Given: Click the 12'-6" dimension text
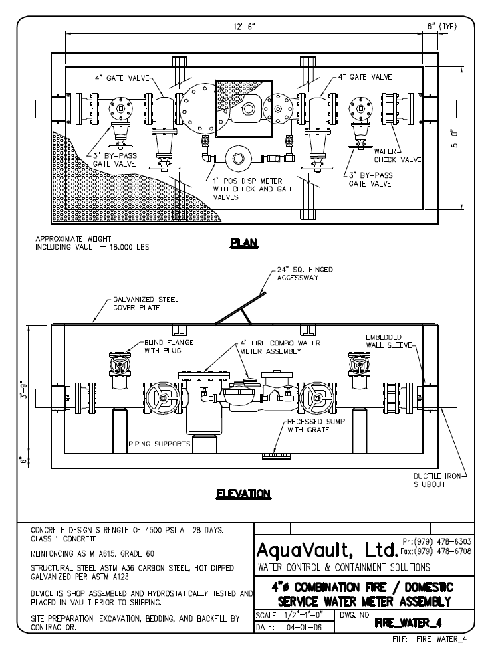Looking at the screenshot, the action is click(x=244, y=27).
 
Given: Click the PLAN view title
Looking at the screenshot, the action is click(x=244, y=243).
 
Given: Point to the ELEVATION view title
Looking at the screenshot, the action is click(x=243, y=494).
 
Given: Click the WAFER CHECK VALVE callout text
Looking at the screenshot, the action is click(x=398, y=155).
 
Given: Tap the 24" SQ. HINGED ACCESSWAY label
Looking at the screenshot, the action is click(x=305, y=274).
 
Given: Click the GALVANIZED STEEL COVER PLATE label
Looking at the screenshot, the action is click(x=146, y=304).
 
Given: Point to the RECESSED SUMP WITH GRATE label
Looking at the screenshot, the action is click(x=316, y=426).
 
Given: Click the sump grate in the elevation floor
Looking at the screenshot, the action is click(x=273, y=456).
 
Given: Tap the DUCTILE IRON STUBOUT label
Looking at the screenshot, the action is click(x=437, y=480).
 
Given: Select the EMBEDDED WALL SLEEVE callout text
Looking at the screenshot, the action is click(x=388, y=341).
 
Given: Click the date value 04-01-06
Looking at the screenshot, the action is click(x=304, y=627).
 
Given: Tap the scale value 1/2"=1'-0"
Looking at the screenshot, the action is click(x=303, y=615).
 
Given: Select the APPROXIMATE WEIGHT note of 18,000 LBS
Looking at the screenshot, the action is click(x=92, y=243).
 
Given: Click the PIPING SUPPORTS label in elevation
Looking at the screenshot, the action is click(x=159, y=444).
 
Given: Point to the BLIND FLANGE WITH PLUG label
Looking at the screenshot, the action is click(x=168, y=347).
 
